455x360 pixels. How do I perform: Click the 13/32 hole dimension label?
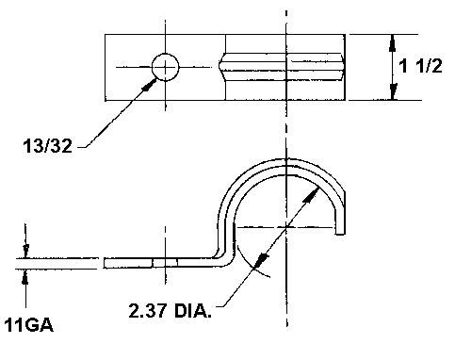coord(47,146)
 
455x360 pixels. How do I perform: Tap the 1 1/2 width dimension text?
coord(420,66)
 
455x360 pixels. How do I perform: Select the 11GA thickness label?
coord(28,325)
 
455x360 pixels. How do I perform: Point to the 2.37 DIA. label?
coord(170,310)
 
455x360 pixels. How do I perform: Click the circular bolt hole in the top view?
coord(165,67)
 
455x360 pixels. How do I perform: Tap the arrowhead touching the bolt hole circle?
coord(150,85)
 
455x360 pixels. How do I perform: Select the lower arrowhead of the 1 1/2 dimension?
coord(393,91)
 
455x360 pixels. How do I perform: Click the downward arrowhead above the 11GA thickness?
coord(25,251)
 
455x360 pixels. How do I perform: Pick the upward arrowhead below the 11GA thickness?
coord(25,277)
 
